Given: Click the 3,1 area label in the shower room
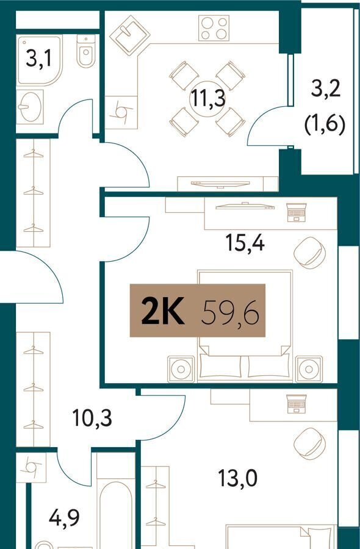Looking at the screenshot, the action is pos(38,58).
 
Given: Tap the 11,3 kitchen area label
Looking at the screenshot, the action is pos(207,98).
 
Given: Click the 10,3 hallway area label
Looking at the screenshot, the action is pos(92,417).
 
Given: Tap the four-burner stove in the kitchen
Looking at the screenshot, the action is pos(214,27).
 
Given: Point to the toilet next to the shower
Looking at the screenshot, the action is pos(86,51).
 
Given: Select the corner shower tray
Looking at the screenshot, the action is pos(39,60).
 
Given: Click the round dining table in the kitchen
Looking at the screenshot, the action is pos(207,99).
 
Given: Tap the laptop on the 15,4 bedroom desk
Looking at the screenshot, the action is pos(297,212).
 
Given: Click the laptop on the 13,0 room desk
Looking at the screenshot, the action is pos(297,404).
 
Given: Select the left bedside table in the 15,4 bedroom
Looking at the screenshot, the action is pos(181,369).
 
